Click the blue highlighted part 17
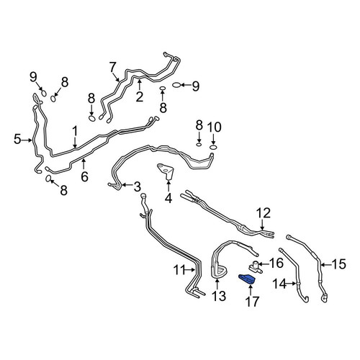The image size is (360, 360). click(247, 279)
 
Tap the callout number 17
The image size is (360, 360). click(252, 302)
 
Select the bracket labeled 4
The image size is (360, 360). click(166, 171)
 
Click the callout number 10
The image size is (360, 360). click(215, 127)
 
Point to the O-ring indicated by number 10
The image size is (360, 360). click(213, 147)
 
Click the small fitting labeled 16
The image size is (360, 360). click(254, 266)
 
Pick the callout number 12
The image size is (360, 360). click(264, 213)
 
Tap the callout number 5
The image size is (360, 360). click(17, 139)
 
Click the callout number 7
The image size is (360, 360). click(112, 67)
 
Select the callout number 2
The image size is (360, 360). click(139, 97)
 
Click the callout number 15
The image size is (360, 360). click(338, 264)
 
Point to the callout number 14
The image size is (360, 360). click(279, 284)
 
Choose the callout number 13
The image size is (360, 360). click(219, 296)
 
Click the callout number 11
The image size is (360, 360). click(180, 270)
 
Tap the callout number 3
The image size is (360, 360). click(137, 186)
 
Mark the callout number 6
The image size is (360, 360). click(84, 177)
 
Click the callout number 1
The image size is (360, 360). click(75, 132)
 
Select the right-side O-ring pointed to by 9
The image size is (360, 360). click(176, 85)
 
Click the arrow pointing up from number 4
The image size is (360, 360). click(168, 186)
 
